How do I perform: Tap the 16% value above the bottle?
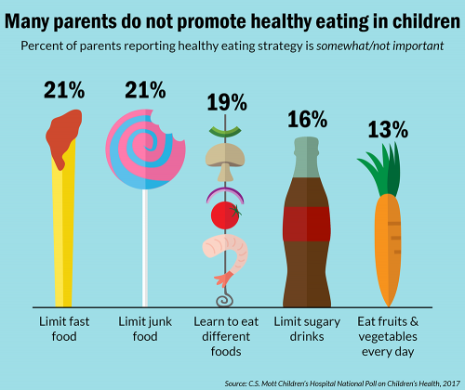tap(305, 119)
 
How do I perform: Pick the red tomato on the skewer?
tap(224, 215)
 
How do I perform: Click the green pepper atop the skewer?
tap(224, 130)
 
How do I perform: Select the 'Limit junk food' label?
tap(143, 328)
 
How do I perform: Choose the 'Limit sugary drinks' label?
tap(305, 328)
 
